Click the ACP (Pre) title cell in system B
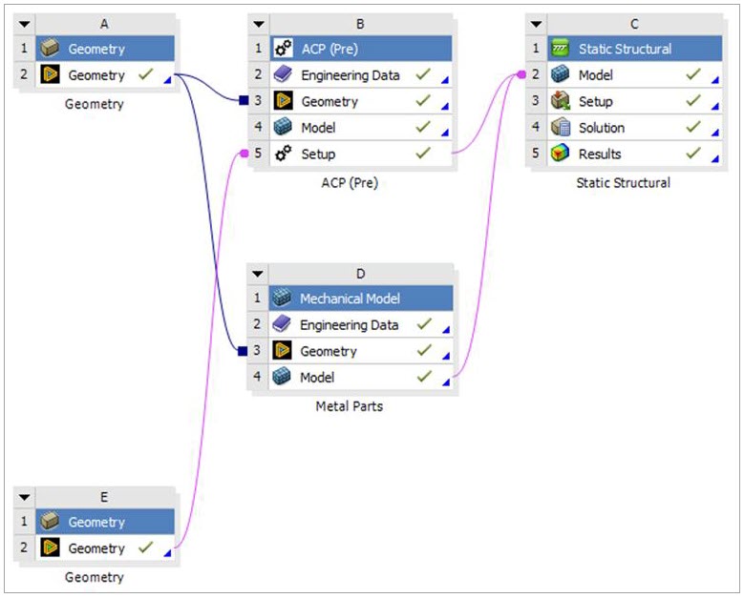pos(329,49)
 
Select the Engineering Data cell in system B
pos(350,75)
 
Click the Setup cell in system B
pos(318,154)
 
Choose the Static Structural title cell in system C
pos(624,49)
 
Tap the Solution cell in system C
pos(601,128)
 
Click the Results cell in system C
pos(599,154)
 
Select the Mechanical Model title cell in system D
pos(351,299)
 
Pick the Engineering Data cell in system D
pos(349,325)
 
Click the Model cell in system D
pos(317,378)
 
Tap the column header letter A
pos(104,23)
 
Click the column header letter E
pos(104,496)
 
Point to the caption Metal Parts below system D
pos(350,406)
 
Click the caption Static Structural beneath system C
pos(624,182)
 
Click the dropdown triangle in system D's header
pos(258,274)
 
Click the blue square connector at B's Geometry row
pos(244,100)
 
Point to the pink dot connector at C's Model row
pos(521,73)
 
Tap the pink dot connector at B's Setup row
pos(244,153)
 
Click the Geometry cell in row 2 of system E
pos(96,548)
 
